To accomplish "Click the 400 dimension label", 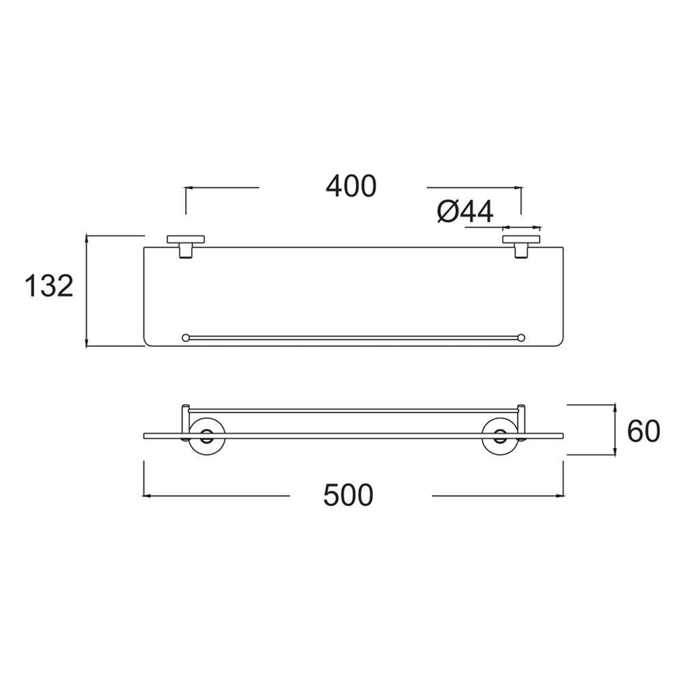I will pos(351,186).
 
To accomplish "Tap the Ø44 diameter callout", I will pos(464,212).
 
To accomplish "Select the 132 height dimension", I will pos(48,285).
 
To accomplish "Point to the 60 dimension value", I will pos(643,431).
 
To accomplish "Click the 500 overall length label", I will pos(348,495).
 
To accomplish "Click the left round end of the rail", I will pos(186,337).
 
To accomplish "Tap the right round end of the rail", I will pos(522,337).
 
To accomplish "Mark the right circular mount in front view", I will pos(498,437).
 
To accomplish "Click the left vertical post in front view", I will pos(184,419).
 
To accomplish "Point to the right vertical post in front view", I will pos(522,419).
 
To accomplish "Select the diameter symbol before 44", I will pos(445,212).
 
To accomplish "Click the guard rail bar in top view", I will pos(354,337).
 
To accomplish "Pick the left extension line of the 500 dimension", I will pos(143,478).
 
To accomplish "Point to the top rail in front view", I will pos(354,411).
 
